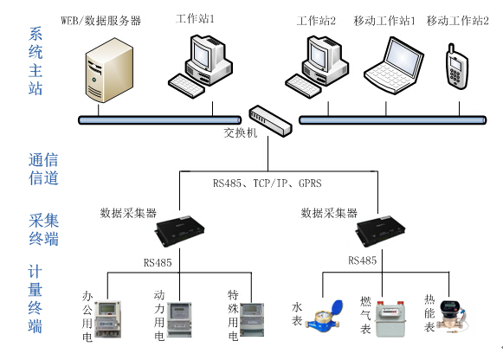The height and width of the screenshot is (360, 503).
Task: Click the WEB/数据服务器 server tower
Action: pos(109,70)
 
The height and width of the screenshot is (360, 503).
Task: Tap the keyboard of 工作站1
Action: pos(186,86)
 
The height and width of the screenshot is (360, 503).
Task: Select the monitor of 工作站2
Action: pos(322,53)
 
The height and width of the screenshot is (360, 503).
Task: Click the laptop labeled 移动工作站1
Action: pos(394,66)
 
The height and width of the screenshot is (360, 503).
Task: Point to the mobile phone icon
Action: pos(457,67)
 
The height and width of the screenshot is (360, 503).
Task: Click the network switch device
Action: pos(270,121)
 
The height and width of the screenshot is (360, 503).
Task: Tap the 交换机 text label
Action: pos(241,132)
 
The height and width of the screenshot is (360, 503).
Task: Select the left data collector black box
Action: pos(180,231)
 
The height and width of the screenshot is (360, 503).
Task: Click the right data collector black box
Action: pos(380,231)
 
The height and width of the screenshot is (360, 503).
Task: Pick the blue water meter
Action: pos(325,317)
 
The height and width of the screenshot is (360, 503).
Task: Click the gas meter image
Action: pos(390,319)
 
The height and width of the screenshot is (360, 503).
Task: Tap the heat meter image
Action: pos(453,316)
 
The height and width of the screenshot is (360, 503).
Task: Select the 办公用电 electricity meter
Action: pos(108,319)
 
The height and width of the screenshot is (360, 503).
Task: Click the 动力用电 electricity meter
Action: pos(180,319)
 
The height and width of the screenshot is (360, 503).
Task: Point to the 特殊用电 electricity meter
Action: pos(252,319)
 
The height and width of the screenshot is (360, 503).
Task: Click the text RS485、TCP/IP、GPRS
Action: pos(268,183)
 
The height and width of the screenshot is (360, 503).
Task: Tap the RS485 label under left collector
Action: pos(158,263)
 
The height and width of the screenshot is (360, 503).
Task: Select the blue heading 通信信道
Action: pos(43,169)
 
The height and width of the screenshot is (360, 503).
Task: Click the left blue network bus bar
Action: pos(160,120)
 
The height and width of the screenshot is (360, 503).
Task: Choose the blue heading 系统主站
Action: pos(35,61)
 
